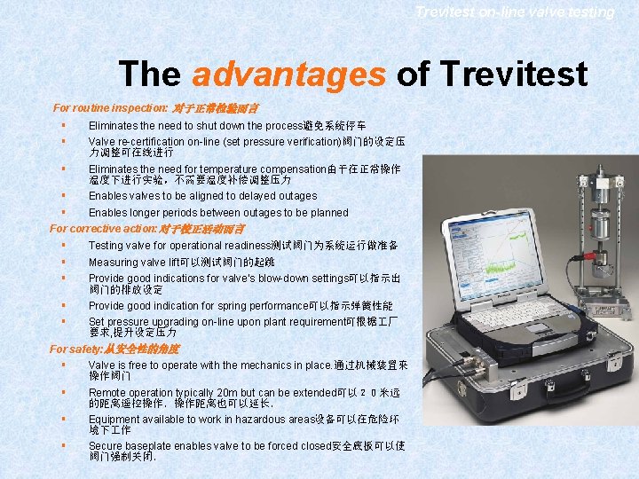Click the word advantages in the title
click(288, 75)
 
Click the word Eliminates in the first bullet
click(112, 126)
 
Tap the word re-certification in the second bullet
click(152, 141)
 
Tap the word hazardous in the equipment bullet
click(256, 419)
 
